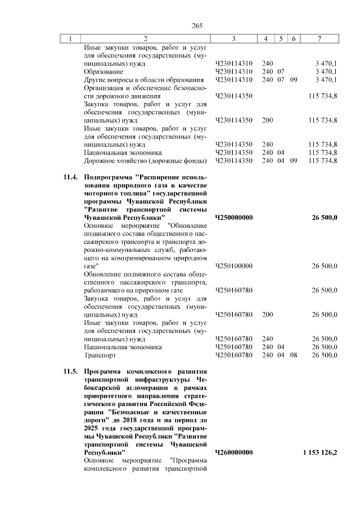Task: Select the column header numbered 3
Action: pos(233,39)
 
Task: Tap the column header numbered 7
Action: pos(319,39)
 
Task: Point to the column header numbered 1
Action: pos(70,39)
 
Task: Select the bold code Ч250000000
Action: pos(234,217)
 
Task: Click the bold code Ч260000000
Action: pos(234,452)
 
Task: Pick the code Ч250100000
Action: pos(234,265)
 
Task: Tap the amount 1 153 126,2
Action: pos(319,452)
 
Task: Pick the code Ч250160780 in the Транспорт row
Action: pos(234,355)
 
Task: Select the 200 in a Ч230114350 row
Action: pos(268,120)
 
